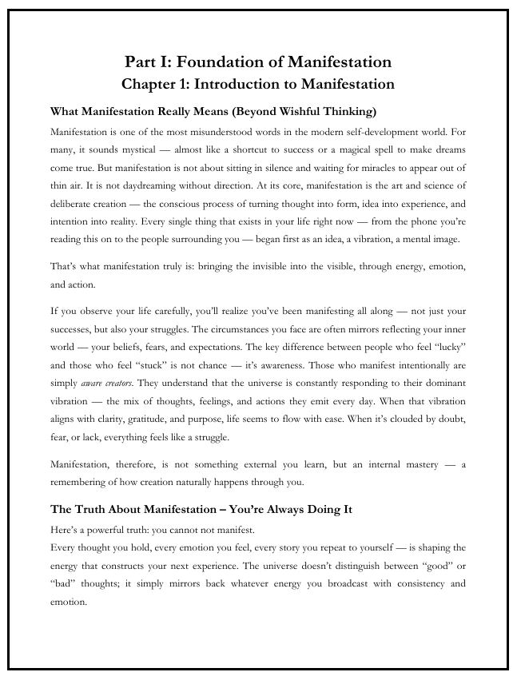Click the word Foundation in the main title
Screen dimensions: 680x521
(228, 62)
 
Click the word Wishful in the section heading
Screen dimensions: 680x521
(308, 110)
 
